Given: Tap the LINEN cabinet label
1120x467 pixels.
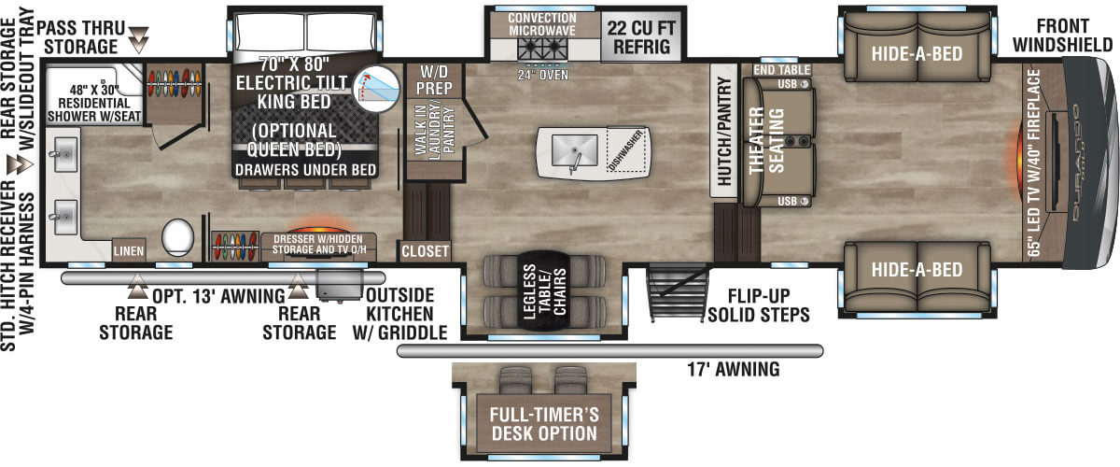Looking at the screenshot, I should tap(128, 250).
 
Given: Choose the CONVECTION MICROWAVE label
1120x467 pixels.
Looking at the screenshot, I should tap(542, 25).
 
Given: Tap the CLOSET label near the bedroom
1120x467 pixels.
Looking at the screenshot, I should tap(426, 251).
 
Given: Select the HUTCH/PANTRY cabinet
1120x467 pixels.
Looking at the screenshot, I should tap(724, 131).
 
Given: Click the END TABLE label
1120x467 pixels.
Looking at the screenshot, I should tap(776, 69).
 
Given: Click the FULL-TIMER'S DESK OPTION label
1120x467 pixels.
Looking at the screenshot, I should tap(545, 423).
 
